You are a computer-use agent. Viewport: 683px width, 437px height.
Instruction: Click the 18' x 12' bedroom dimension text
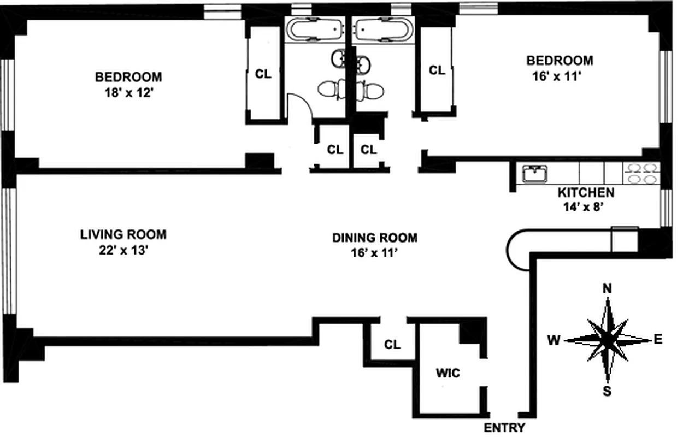[x=128, y=93]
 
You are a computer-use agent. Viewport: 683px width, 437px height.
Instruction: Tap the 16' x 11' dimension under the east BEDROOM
[x=558, y=76]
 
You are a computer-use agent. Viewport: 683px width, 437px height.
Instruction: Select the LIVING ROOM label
[x=123, y=235]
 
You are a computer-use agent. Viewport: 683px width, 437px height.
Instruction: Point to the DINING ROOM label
[x=375, y=238]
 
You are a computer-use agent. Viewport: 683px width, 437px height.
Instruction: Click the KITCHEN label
[x=586, y=193]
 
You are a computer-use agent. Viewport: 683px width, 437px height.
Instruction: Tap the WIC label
[x=448, y=374]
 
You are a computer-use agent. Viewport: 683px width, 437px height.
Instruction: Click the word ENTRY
[x=504, y=428]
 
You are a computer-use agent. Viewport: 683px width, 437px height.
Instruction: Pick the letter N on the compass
[x=607, y=288]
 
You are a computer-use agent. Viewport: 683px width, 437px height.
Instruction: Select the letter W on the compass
[x=554, y=341]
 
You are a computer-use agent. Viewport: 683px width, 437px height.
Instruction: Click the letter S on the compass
[x=607, y=391]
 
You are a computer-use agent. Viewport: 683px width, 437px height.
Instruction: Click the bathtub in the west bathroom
[x=315, y=30]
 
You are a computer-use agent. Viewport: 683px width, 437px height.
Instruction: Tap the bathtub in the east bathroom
[x=382, y=30]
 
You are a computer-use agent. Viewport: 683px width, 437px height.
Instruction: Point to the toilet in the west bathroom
[x=332, y=88]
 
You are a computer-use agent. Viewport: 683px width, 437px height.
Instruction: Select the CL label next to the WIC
[x=392, y=345]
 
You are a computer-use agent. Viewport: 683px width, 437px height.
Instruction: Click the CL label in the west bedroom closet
[x=263, y=75]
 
